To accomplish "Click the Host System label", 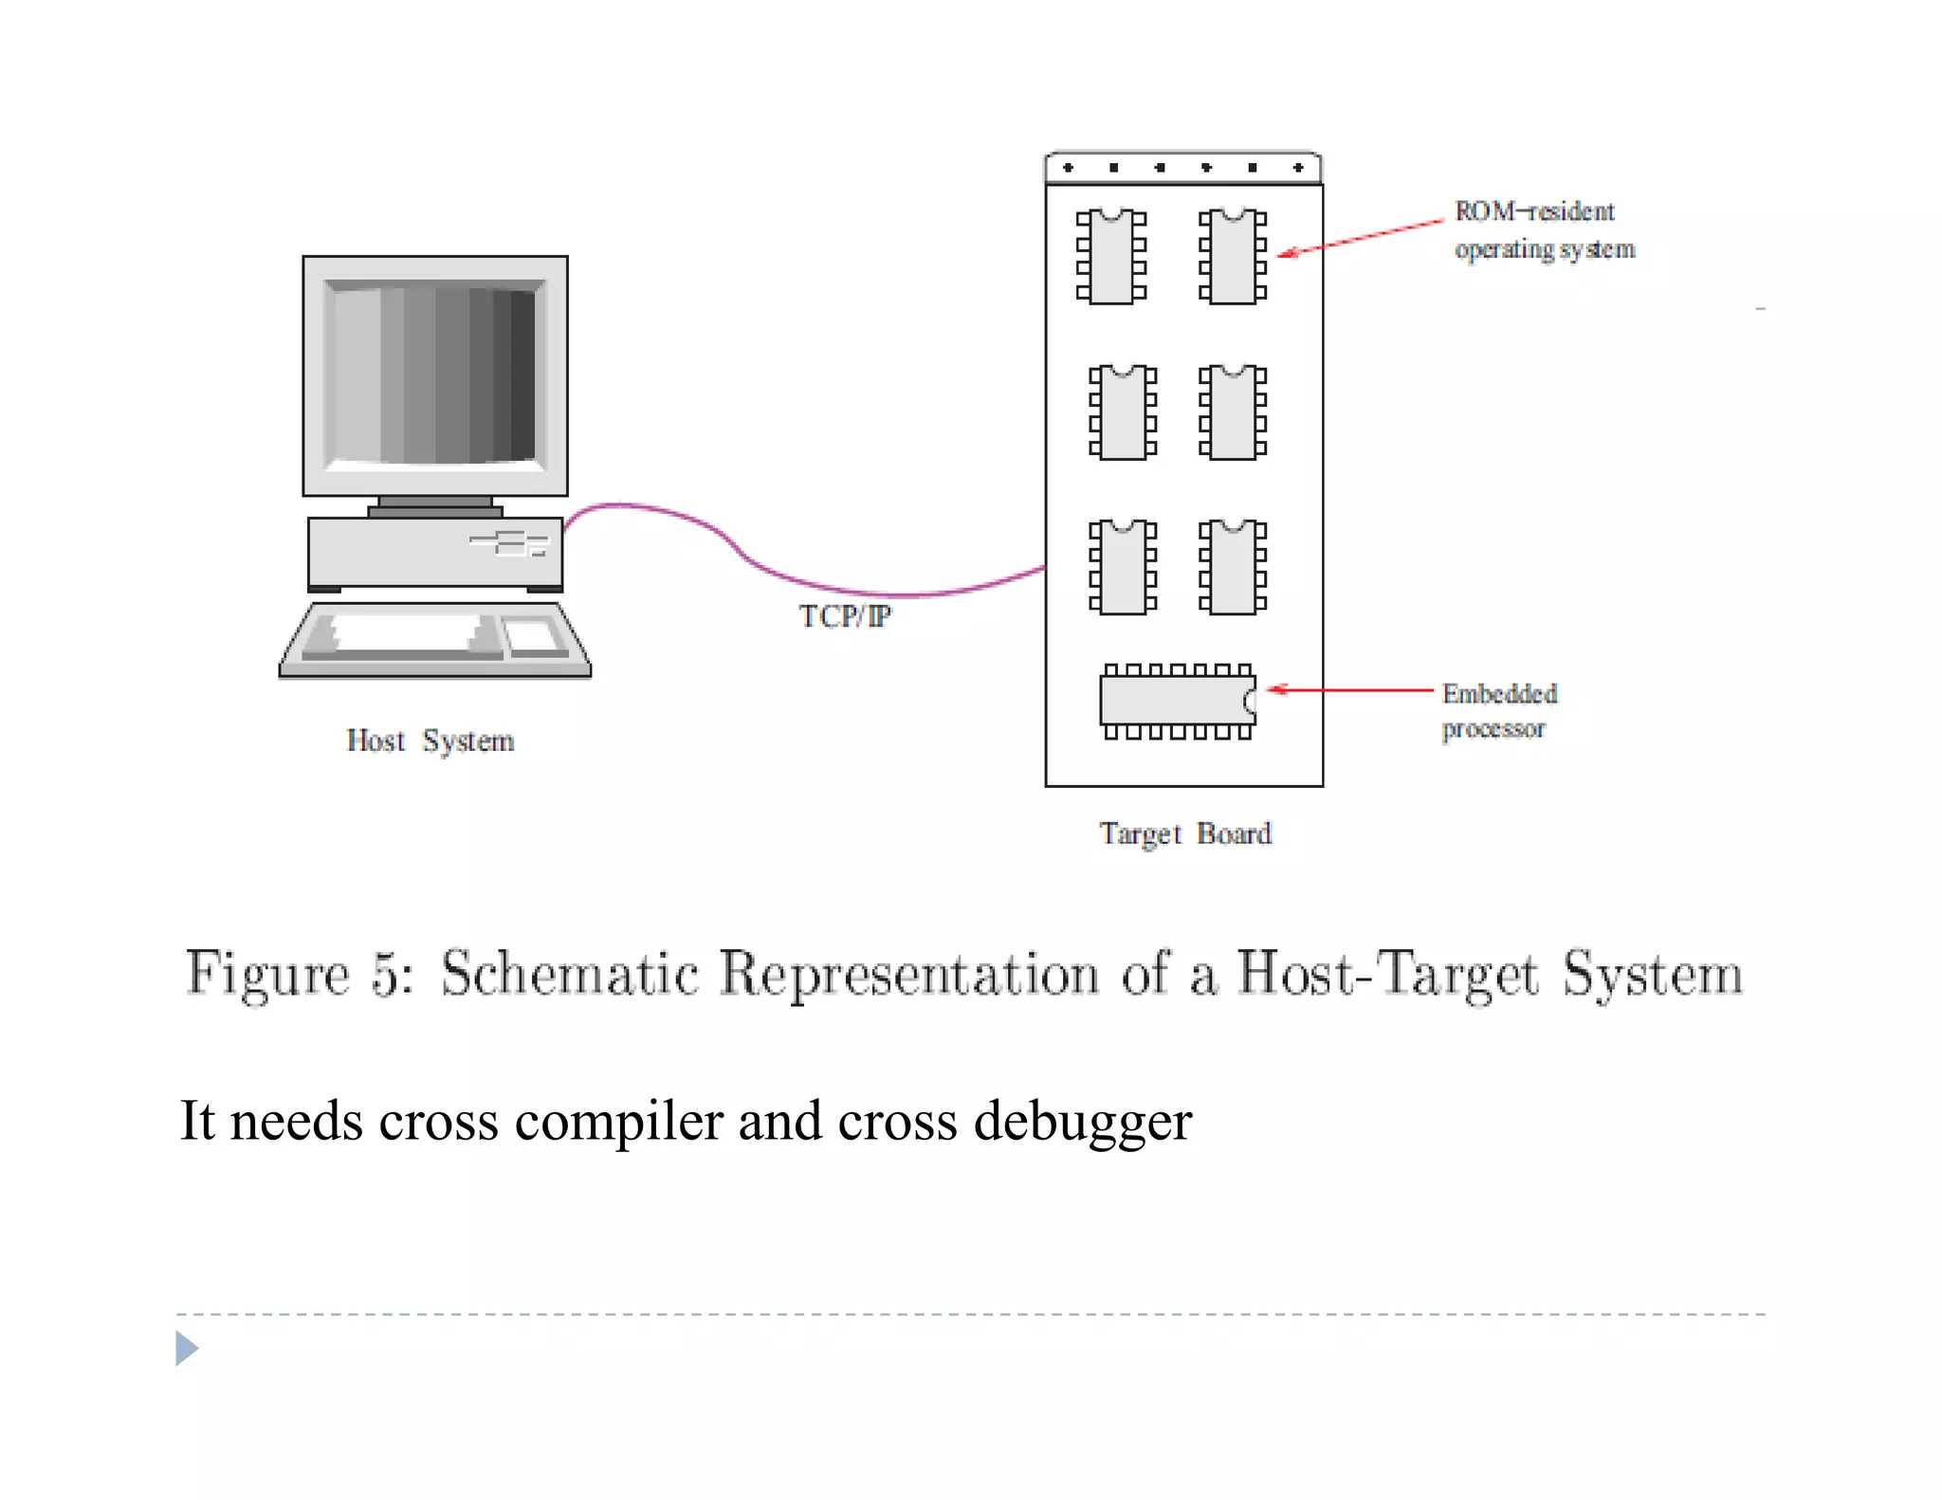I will [x=430, y=741].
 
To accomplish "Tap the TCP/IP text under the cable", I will [x=844, y=616].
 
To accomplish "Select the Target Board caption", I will [x=1184, y=833].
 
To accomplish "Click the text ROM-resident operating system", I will [x=1543, y=230].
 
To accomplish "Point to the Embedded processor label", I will [x=1498, y=710].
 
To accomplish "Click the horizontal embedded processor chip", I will [x=1176, y=702].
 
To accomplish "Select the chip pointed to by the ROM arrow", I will [x=1233, y=257].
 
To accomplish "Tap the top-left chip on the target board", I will [x=1111, y=257].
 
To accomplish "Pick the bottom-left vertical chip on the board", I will [x=1123, y=567].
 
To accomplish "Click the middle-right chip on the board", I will [x=1233, y=412].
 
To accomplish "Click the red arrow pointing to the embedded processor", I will [x=1351, y=690].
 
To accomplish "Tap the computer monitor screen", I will [x=434, y=375].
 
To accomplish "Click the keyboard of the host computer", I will [x=434, y=641].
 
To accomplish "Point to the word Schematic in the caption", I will [x=570, y=974].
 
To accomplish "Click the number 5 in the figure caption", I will [x=388, y=974].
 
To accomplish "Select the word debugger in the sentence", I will [x=1082, y=1123].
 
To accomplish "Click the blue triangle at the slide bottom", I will [x=186, y=1347].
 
